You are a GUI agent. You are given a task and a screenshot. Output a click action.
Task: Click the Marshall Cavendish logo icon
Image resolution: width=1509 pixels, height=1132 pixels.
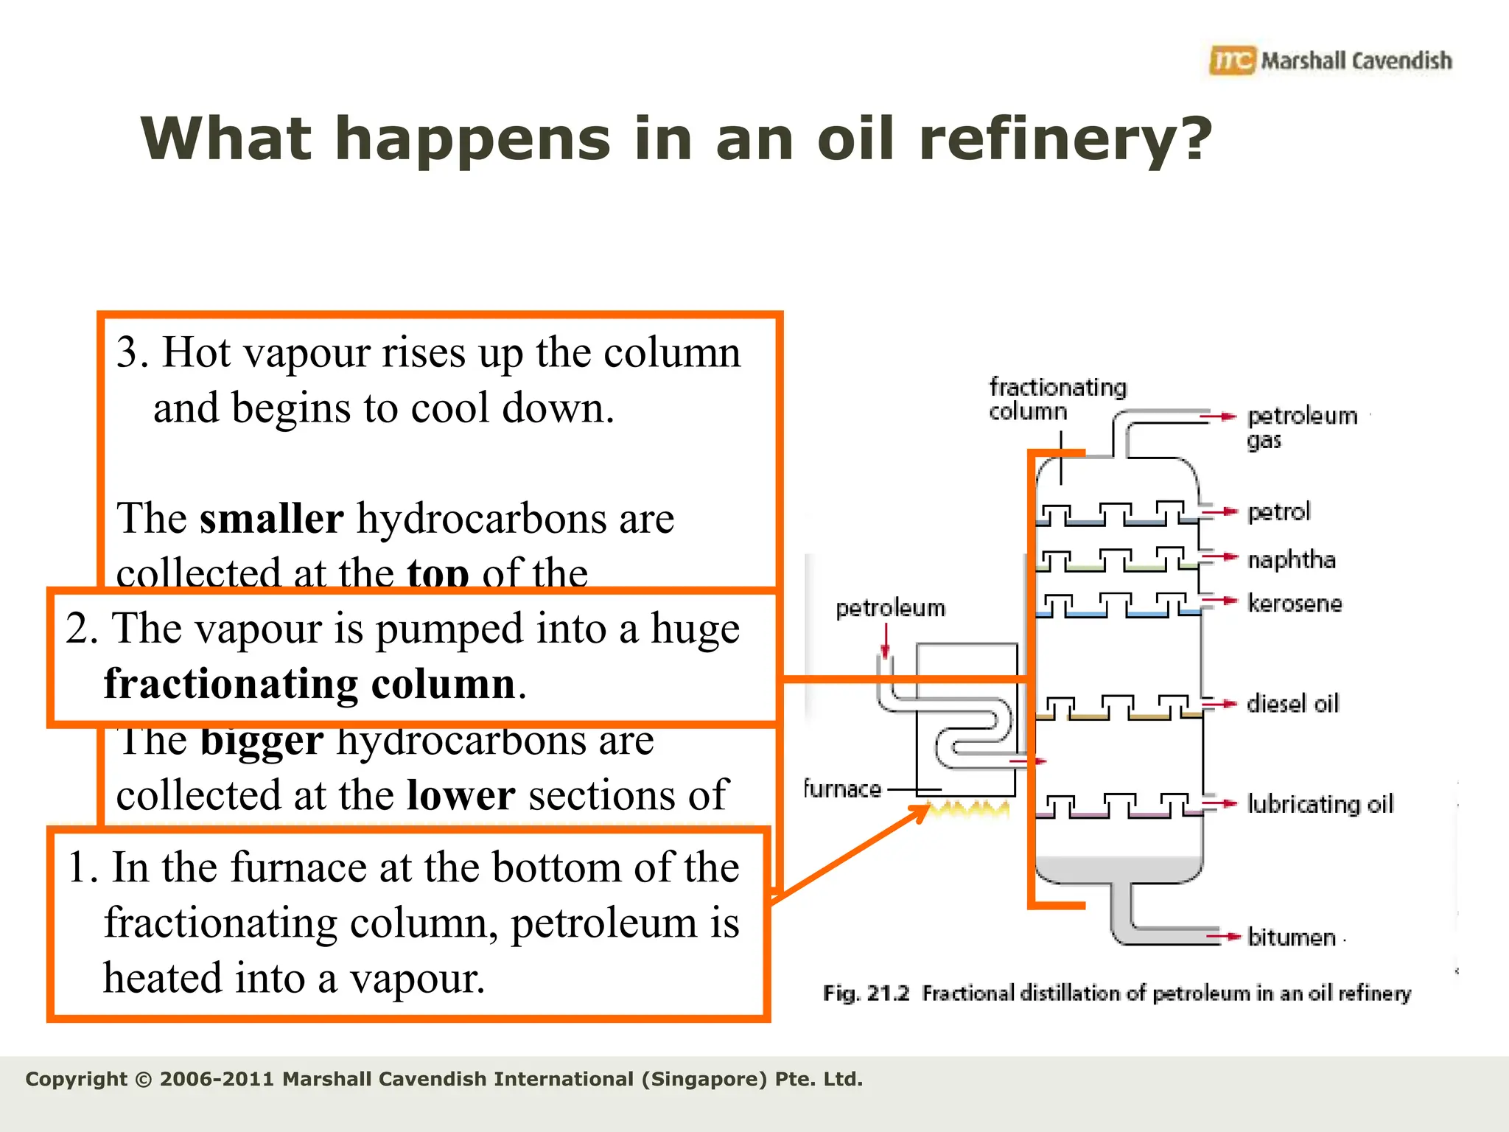1231,60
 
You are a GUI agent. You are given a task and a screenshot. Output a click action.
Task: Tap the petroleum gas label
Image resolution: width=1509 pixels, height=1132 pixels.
1301,427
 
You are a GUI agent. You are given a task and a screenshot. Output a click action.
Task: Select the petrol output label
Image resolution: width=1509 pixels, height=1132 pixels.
1278,511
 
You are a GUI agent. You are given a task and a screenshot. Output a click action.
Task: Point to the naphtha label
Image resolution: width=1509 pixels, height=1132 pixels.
1291,559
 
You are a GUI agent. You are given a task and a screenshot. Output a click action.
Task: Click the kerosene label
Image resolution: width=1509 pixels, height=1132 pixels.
1295,604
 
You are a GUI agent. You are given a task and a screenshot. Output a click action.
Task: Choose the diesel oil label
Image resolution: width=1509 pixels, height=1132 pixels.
1292,704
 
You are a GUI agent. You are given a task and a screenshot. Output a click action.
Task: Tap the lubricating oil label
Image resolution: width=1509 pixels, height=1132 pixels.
1320,803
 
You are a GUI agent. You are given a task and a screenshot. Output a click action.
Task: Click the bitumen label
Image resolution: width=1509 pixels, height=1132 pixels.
1292,937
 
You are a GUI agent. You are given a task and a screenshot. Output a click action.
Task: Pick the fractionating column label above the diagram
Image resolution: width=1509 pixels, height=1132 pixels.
1057,399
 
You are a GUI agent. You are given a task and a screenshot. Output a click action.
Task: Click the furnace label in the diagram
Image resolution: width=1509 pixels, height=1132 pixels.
841,789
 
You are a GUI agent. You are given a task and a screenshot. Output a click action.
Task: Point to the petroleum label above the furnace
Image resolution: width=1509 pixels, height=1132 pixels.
890,608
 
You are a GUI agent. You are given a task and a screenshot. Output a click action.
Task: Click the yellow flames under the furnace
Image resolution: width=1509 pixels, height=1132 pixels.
967,809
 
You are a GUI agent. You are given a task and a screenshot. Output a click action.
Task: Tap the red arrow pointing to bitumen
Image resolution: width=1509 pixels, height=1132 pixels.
1223,937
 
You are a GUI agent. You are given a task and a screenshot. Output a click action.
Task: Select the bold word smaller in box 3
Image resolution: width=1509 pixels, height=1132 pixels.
271,518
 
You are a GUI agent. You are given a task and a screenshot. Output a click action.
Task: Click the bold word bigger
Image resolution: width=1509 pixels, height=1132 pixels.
262,741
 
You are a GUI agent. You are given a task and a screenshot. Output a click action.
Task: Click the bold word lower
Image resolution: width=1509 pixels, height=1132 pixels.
461,795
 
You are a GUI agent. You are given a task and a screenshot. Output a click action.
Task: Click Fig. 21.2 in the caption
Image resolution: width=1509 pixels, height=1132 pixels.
866,993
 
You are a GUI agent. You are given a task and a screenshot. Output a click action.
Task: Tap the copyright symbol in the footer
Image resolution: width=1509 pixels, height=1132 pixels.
144,1080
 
